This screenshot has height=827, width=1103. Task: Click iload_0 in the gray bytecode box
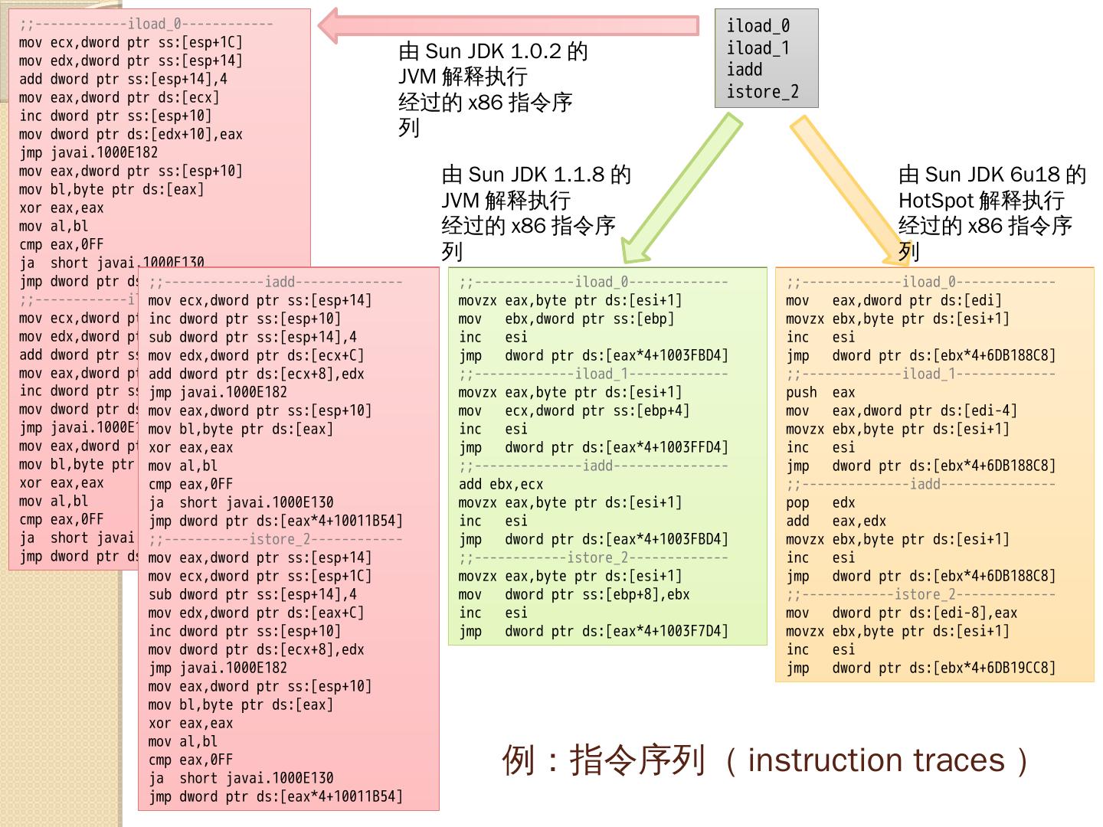tap(758, 27)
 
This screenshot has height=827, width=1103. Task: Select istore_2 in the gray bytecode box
tap(762, 93)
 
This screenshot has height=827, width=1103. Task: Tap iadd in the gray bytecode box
tap(745, 70)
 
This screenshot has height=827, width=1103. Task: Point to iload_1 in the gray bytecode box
tap(758, 49)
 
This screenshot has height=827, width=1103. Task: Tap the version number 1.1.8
tap(566, 175)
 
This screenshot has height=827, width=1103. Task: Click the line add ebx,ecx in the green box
tap(501, 485)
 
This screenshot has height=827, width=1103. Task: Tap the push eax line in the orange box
tap(820, 393)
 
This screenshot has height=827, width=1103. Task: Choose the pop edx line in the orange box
tap(820, 503)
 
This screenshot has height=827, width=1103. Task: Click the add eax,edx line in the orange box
tap(836, 521)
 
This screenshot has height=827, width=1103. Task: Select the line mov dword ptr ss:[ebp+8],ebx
tap(574, 595)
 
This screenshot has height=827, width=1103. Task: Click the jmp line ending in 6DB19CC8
tap(920, 668)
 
